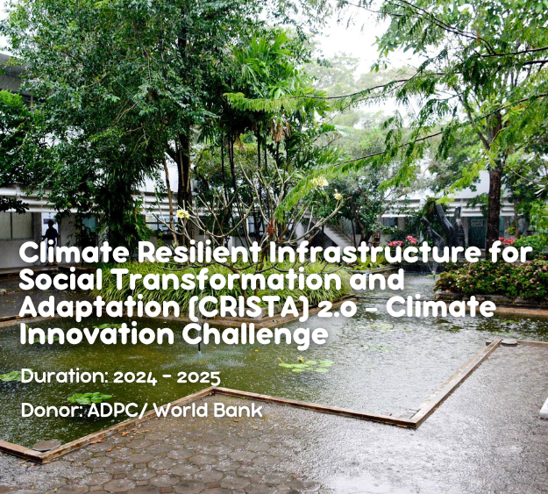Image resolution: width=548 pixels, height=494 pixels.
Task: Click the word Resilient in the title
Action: tap(199, 253)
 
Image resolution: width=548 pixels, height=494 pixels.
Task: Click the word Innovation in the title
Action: tap(96, 335)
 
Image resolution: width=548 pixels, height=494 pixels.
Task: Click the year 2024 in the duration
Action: tap(135, 378)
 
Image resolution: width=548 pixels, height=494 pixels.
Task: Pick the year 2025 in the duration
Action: tap(198, 378)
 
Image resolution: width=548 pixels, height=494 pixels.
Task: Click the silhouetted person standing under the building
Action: tap(51, 234)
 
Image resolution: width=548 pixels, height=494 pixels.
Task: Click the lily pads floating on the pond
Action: tap(306, 365)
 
